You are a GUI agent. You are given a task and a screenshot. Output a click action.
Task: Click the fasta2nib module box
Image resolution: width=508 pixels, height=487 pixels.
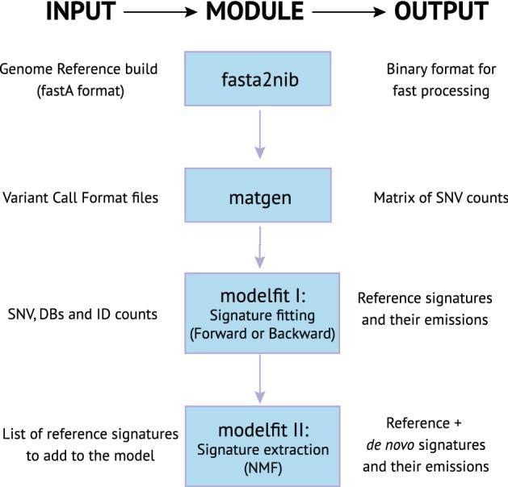(260, 81)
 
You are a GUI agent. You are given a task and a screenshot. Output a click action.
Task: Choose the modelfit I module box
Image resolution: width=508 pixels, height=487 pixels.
(260, 313)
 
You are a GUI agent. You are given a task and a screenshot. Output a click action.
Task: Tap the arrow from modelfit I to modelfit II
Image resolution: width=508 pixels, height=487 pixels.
(260, 379)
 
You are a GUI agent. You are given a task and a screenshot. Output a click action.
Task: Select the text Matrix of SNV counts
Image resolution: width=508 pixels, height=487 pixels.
(439, 198)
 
